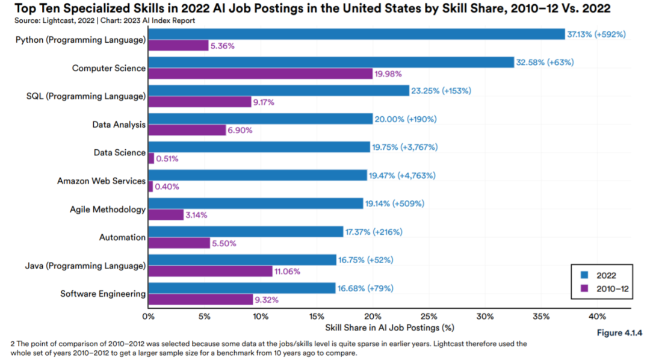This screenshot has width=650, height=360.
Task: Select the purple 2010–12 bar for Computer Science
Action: [x=260, y=73]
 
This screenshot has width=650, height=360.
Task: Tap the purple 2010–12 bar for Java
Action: [x=210, y=271]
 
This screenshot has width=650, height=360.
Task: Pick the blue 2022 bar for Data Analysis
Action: [x=260, y=119]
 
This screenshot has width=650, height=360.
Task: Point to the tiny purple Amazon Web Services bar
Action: [x=150, y=187]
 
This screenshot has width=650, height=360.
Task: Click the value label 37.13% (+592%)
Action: [x=596, y=34]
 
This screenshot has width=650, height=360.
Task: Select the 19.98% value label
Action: [x=388, y=73]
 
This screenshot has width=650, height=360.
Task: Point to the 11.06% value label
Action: [x=288, y=271]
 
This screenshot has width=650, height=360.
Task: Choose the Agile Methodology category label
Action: [x=108, y=209]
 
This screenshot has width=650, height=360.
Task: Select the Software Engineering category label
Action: [x=103, y=294]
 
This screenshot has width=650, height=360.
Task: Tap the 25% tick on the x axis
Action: [x=429, y=317]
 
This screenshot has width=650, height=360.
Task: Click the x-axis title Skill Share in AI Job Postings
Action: [x=389, y=328]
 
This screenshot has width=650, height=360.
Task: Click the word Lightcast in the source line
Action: [x=51, y=20]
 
